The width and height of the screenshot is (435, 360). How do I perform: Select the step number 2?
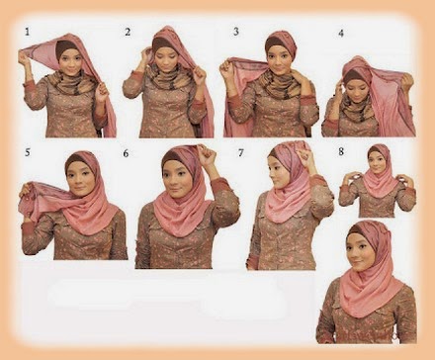pyautogui.click(x=128, y=33)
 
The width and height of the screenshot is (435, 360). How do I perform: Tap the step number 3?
pyautogui.click(x=235, y=33)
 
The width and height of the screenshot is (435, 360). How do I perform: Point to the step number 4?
pyautogui.click(x=340, y=33)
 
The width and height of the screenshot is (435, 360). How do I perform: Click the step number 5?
pyautogui.click(x=28, y=152)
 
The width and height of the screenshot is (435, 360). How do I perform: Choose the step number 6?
pyautogui.click(x=126, y=153)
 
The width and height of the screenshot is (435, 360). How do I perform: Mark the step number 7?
pyautogui.click(x=240, y=152)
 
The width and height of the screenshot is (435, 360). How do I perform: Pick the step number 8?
pyautogui.click(x=341, y=151)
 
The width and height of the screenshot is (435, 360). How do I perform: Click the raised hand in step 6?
pyautogui.click(x=207, y=156)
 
